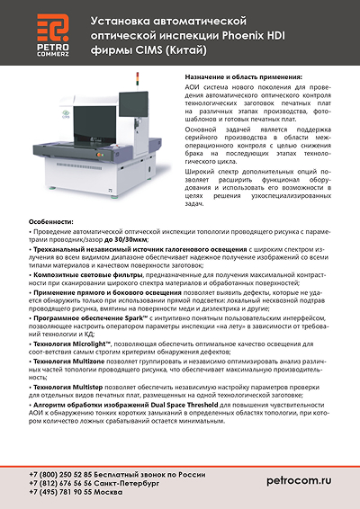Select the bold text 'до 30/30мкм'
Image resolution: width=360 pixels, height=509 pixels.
123,241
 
